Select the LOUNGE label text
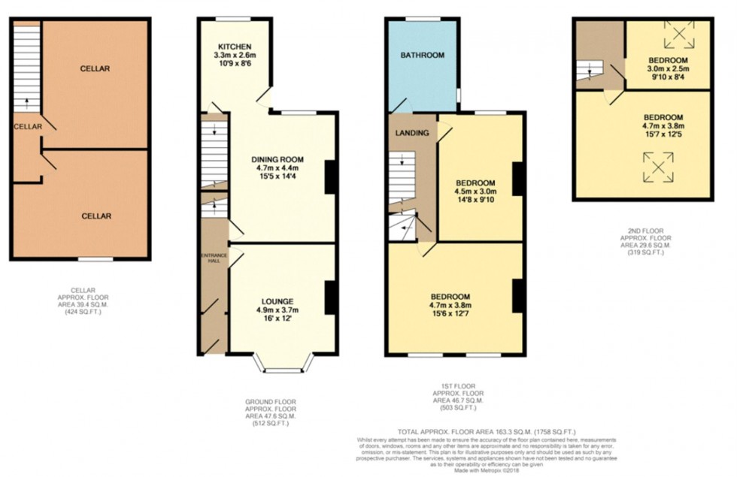tap(278, 301)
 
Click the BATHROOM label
tap(422, 55)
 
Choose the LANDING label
tap(412, 133)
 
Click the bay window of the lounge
tap(283, 366)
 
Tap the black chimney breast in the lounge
tap(330, 297)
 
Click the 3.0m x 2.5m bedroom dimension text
tap(669, 68)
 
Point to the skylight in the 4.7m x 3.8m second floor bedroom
tap(657, 168)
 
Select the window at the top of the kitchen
tap(233, 19)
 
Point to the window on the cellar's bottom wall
tap(91, 259)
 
